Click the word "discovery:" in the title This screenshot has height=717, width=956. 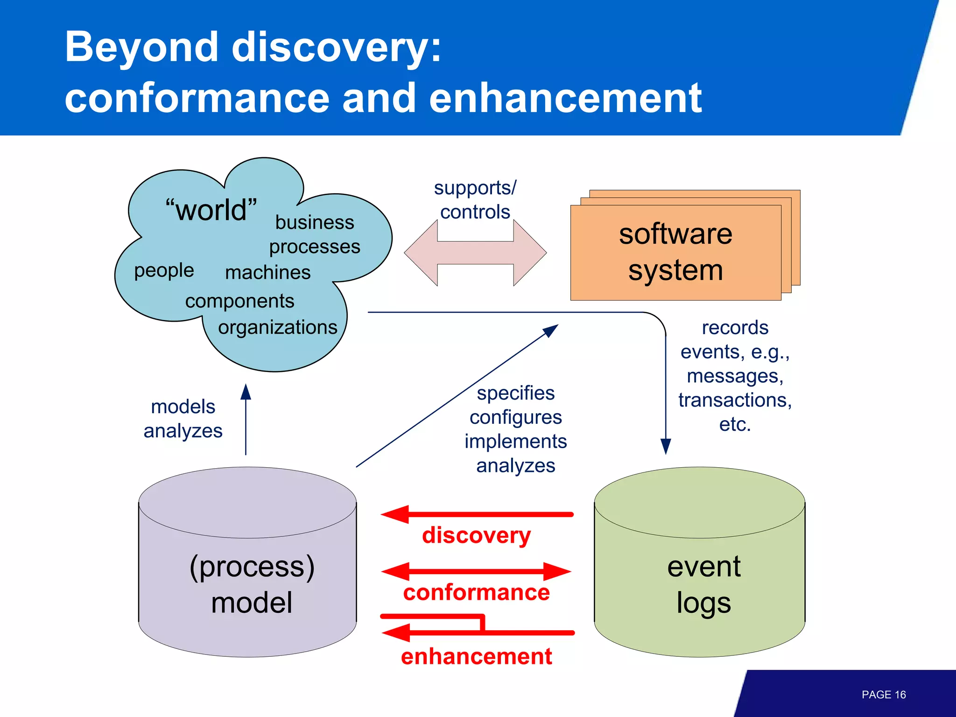tap(336, 47)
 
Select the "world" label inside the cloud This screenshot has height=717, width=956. tap(211, 210)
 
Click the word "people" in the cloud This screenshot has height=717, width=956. tap(164, 270)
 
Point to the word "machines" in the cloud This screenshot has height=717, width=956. tap(267, 272)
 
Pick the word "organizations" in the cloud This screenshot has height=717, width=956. tap(278, 327)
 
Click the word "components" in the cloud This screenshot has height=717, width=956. tap(239, 301)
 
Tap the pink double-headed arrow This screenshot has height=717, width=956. tap(475, 253)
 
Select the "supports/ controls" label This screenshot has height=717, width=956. tap(475, 200)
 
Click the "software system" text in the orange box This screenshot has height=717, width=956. tap(675, 252)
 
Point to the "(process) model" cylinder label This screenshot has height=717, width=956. tap(252, 584)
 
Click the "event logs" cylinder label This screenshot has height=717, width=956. tap(703, 584)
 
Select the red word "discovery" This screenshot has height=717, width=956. tap(476, 535)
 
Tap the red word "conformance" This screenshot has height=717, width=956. tap(476, 592)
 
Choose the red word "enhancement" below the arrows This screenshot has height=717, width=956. tap(476, 656)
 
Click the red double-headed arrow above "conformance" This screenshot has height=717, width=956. tap(476, 571)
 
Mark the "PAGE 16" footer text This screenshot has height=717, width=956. tap(883, 695)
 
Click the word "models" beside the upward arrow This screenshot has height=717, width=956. tap(183, 407)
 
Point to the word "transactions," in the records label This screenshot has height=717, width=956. tap(735, 400)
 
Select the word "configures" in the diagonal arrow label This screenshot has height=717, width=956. tap(515, 417)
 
